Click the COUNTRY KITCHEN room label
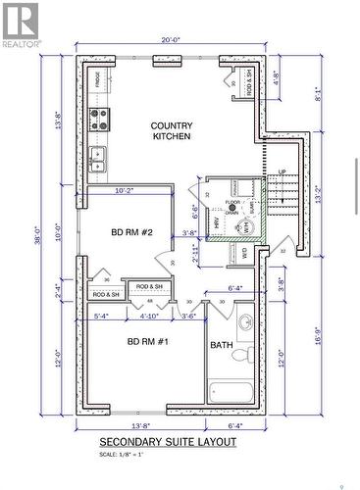click(171, 130)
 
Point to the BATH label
click(220, 345)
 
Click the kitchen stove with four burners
click(99, 120)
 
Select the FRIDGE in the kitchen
click(99, 78)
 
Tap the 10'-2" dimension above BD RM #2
click(126, 190)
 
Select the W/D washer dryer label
click(243, 253)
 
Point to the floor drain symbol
click(232, 209)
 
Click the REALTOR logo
click(21, 25)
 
